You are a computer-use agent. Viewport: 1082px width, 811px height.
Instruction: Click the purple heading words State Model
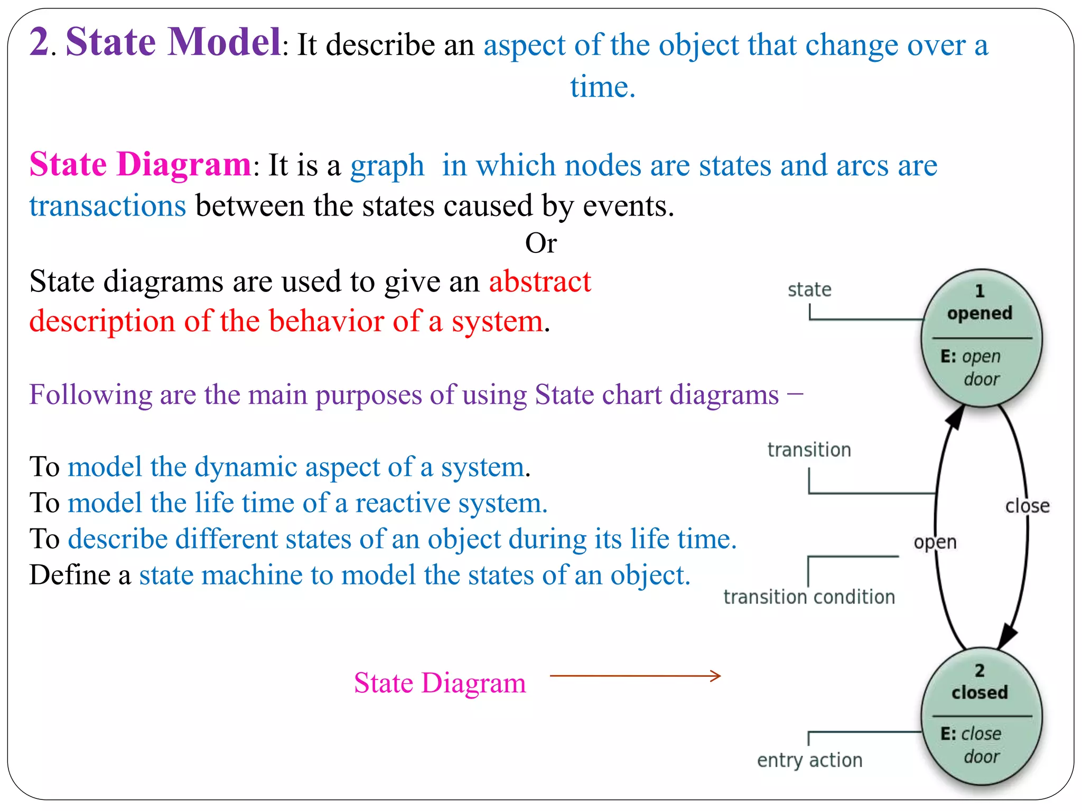point(173,42)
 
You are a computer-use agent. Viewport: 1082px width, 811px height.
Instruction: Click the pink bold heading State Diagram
point(140,165)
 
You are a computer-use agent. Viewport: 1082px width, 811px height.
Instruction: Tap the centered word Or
point(540,243)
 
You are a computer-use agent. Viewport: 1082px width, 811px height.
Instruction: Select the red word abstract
point(539,281)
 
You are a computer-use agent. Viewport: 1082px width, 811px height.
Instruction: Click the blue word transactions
point(108,206)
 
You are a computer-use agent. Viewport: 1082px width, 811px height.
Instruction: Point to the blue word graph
point(387,166)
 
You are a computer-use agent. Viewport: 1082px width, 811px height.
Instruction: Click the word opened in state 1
point(980,314)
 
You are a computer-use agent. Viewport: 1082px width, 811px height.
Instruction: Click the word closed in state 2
point(980,692)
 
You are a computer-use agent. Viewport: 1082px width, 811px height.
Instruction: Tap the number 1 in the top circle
point(980,291)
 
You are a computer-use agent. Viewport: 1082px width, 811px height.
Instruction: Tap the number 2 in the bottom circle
point(980,671)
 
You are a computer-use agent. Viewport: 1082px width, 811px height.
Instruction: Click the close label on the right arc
point(1027,506)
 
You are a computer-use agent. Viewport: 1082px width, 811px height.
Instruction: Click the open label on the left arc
point(935,542)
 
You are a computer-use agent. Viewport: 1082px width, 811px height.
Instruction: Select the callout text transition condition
point(809,597)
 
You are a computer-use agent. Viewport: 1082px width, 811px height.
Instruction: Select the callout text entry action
point(809,760)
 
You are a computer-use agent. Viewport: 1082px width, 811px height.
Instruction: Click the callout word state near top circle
point(809,290)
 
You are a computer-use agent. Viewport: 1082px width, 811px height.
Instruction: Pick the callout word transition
point(809,450)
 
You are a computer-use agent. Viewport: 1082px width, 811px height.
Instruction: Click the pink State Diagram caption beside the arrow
point(440,683)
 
